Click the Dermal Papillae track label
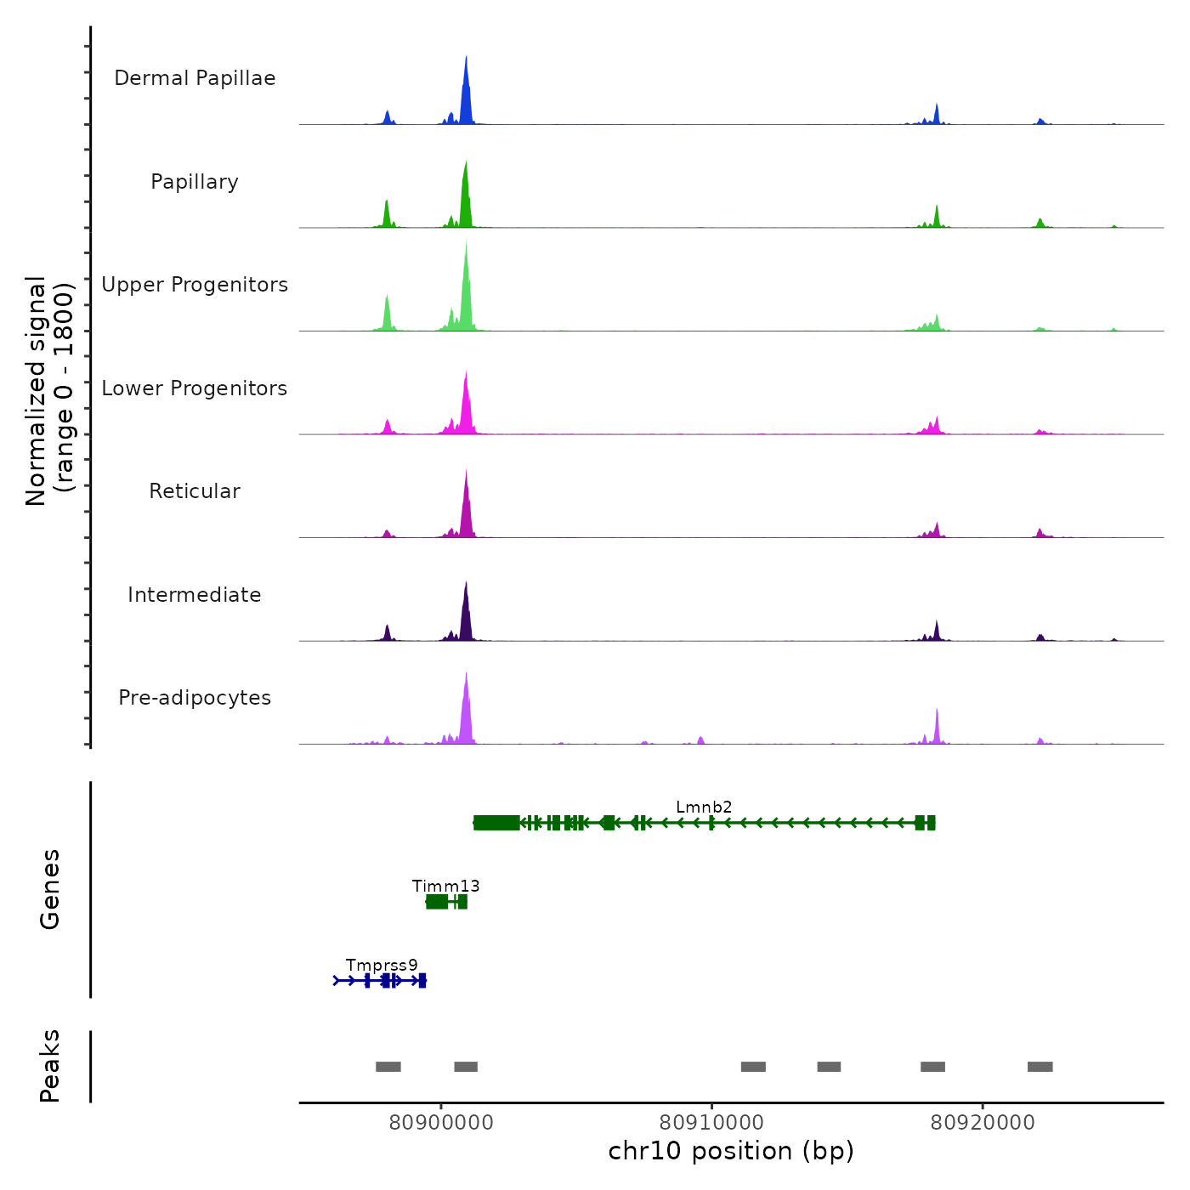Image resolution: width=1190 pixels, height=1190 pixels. (195, 78)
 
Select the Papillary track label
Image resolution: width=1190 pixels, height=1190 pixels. (195, 182)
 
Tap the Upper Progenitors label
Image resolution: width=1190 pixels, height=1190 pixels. (195, 285)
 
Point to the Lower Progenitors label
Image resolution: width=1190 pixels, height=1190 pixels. (195, 388)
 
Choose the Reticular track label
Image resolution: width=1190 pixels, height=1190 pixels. (195, 491)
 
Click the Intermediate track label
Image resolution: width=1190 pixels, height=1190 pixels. (195, 595)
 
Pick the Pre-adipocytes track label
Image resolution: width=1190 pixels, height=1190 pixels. (195, 698)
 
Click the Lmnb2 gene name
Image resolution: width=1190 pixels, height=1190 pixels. (704, 807)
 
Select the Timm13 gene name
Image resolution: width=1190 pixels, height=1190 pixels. (445, 886)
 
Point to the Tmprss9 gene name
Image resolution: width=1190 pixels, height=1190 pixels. (382, 965)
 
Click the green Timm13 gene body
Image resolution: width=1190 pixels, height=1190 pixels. (438, 902)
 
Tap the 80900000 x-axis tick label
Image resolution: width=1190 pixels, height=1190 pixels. (441, 1122)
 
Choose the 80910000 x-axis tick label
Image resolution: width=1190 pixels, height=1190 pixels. (711, 1122)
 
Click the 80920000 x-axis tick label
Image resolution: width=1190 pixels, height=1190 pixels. (983, 1122)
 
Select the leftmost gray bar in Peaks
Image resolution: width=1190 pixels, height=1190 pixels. (388, 1067)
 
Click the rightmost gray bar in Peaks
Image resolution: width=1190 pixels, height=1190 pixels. (1040, 1067)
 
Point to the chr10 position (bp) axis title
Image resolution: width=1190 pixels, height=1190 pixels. (731, 1151)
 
